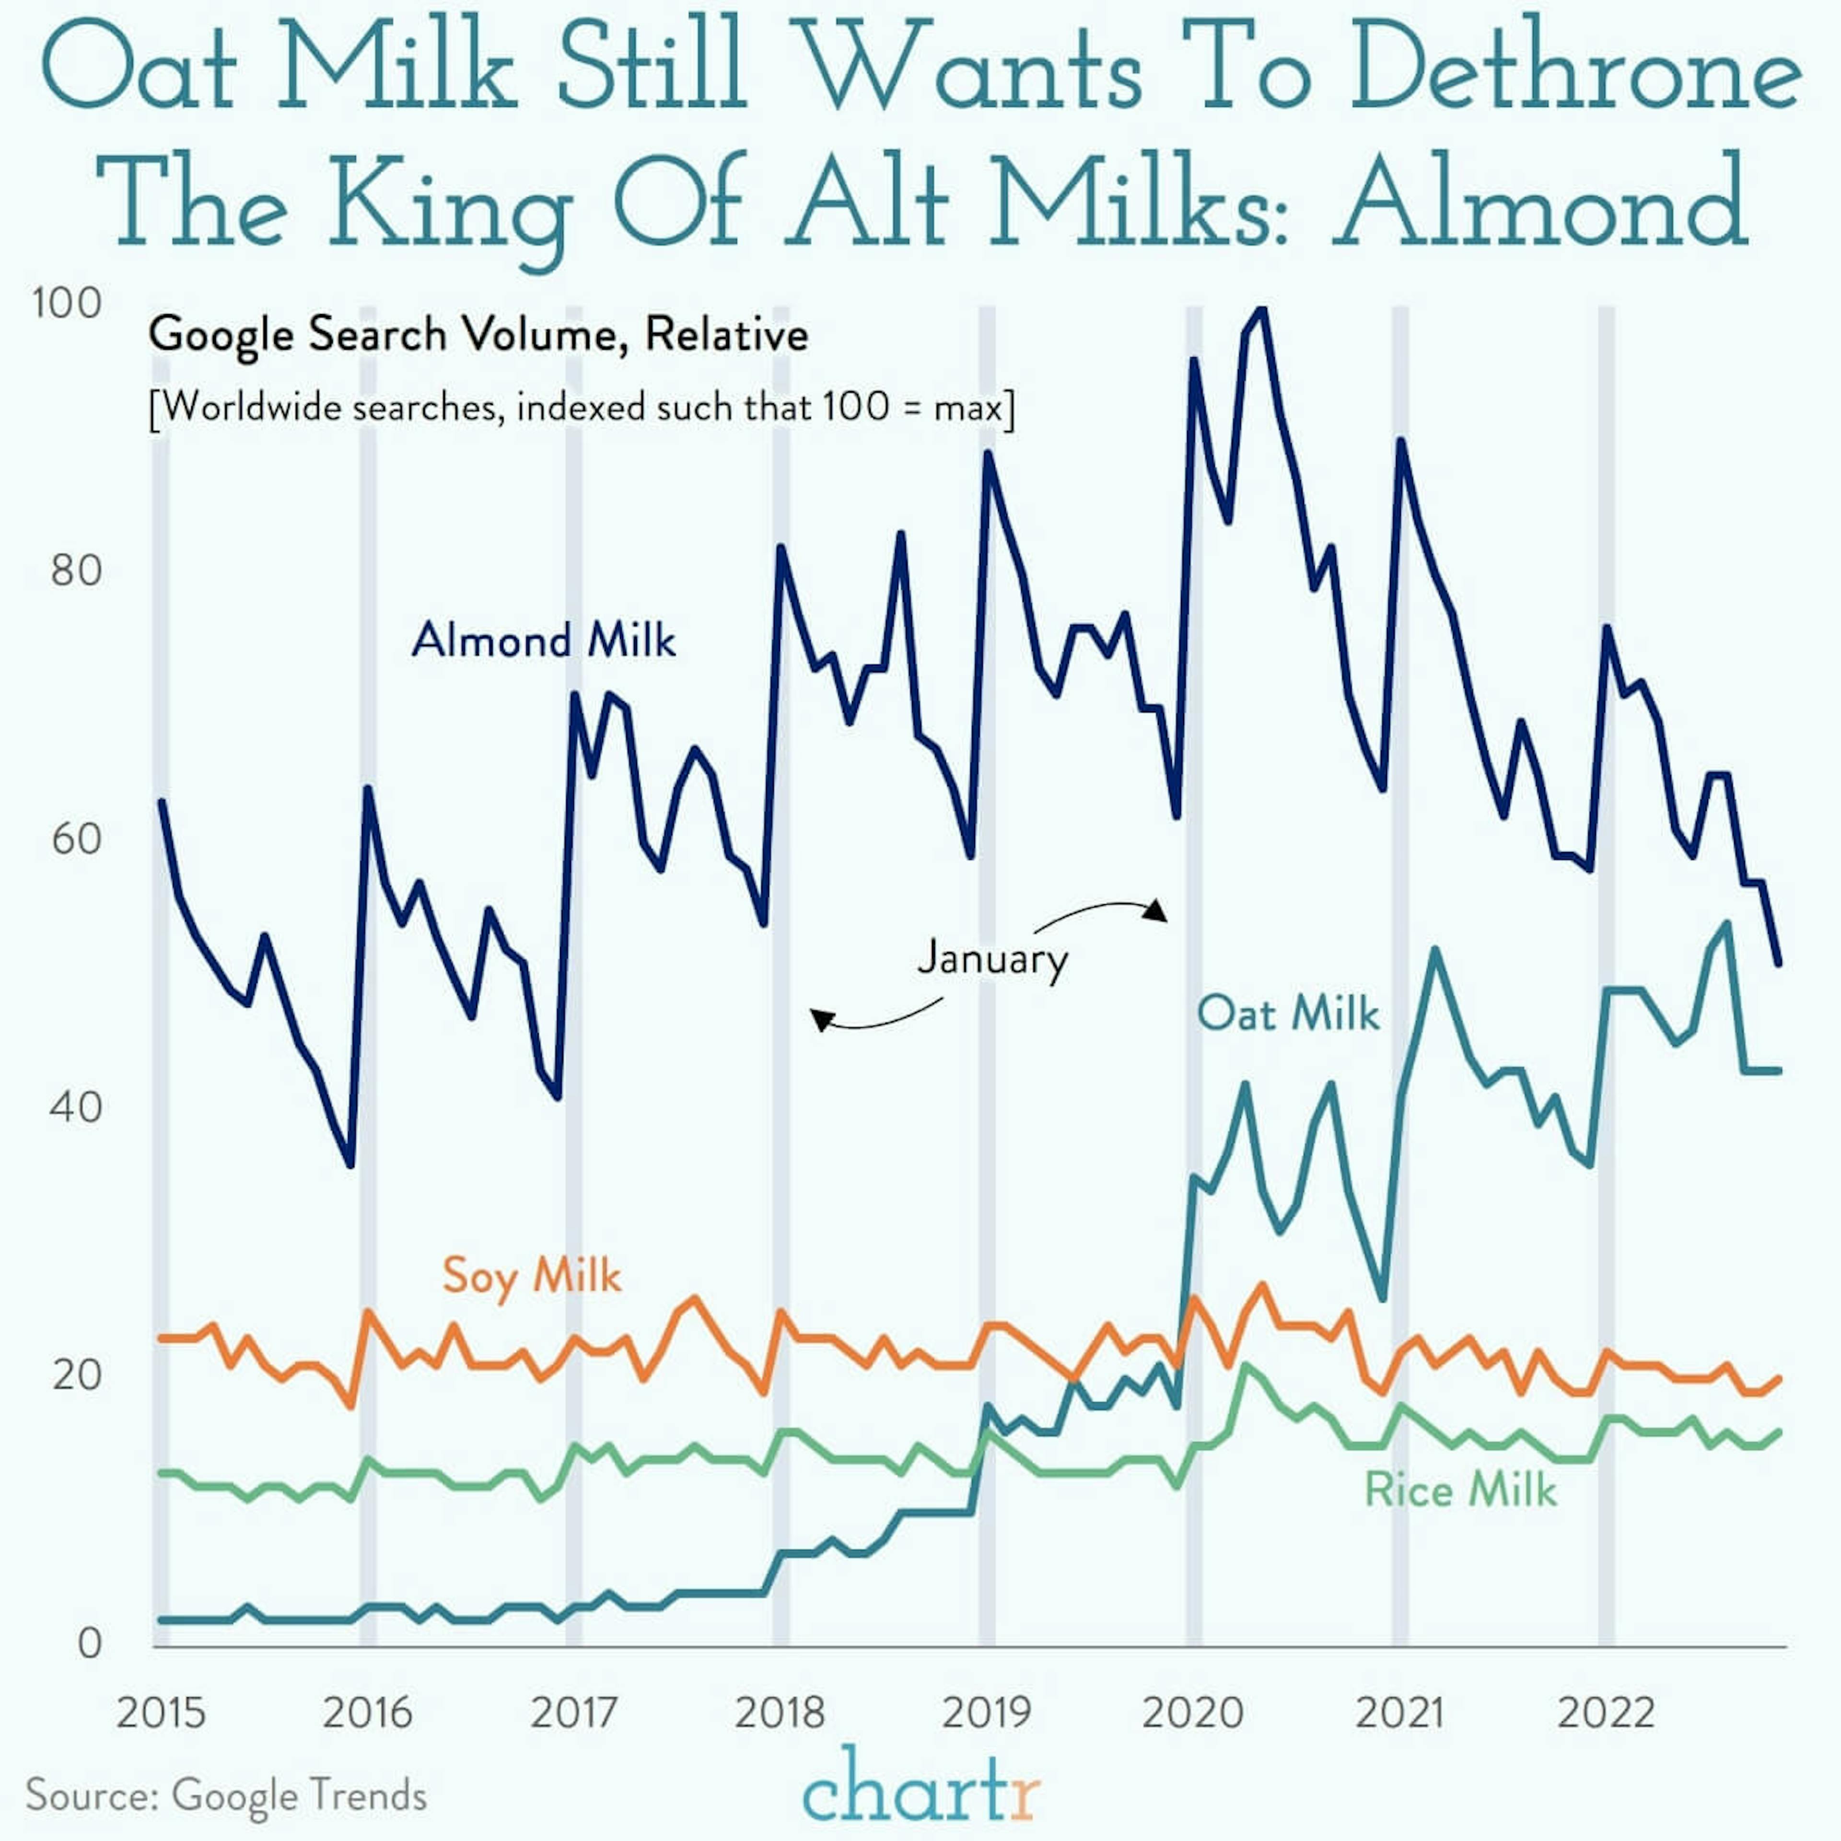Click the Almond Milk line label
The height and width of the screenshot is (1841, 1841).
coord(543,640)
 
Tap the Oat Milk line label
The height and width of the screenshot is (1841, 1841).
coord(1287,1013)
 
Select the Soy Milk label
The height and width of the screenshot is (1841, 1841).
coord(531,1275)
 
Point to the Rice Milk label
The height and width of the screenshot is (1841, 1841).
coord(1460,1490)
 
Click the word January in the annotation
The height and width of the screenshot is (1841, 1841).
coord(992,958)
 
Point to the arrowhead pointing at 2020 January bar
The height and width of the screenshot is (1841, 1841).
coord(1156,910)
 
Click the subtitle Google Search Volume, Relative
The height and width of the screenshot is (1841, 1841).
coord(478,335)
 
